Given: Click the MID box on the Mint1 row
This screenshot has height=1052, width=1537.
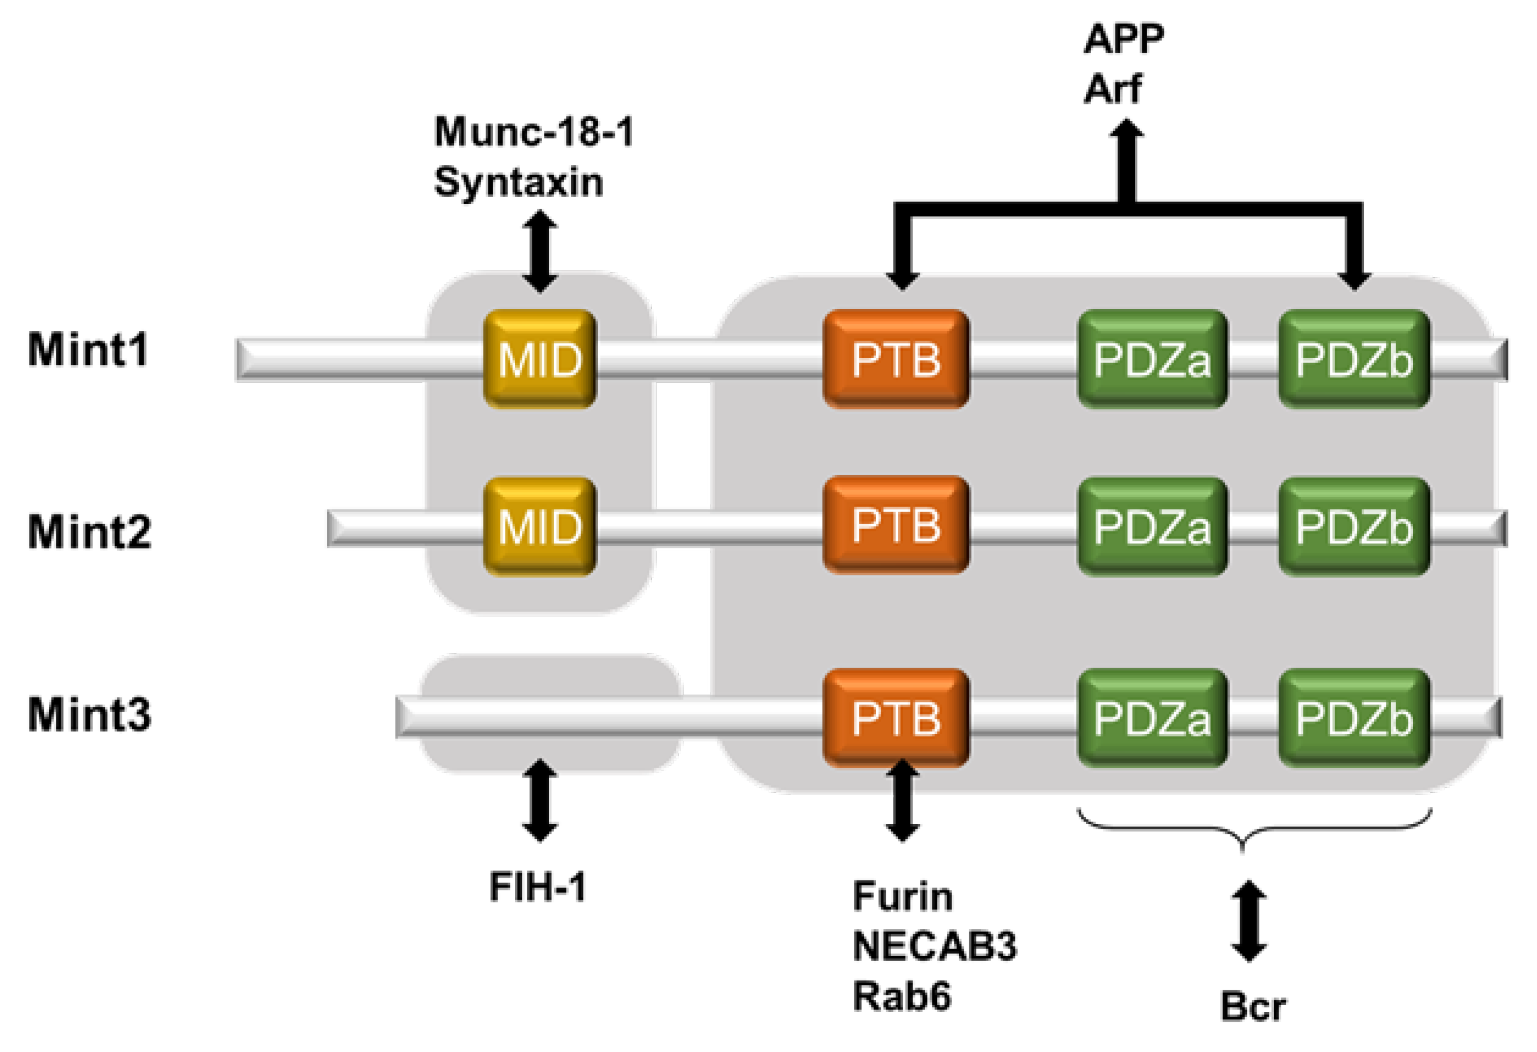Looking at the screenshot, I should [x=540, y=359].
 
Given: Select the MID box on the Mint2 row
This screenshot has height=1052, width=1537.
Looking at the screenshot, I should [x=540, y=527].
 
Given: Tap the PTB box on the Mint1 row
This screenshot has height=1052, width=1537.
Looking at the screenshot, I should [x=896, y=359].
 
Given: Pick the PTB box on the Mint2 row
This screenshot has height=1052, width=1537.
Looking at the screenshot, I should [x=896, y=525].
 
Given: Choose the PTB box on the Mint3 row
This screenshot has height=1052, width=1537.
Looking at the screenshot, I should [x=896, y=718].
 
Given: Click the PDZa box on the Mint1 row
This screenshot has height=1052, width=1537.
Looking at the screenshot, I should [x=1152, y=359].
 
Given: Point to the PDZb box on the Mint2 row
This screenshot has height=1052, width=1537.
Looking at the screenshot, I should [x=1354, y=527].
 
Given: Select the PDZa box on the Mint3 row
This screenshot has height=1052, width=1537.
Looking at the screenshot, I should [x=1152, y=718].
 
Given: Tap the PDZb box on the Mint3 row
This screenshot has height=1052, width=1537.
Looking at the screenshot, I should [x=1354, y=718].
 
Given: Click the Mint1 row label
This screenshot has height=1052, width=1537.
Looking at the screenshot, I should [x=88, y=350].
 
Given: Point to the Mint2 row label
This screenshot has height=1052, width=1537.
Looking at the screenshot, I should [x=89, y=531].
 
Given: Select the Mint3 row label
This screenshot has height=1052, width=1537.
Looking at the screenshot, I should [x=89, y=715].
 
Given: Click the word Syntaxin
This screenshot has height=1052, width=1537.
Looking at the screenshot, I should [x=518, y=182].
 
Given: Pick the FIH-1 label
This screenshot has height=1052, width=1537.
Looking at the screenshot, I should [x=538, y=886].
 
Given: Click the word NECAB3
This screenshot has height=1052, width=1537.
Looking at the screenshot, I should [x=935, y=946].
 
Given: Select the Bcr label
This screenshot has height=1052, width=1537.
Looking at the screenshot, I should [x=1253, y=1007].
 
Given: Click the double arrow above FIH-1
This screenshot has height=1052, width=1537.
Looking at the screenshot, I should [x=540, y=800].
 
